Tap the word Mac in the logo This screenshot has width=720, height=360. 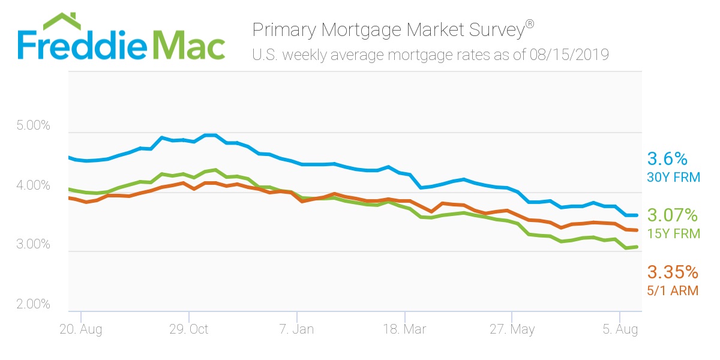coord(189,44)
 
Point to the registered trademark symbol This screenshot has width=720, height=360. coord(530,24)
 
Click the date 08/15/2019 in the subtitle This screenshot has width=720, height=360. coord(570,55)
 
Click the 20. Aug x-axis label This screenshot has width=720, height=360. coord(81,329)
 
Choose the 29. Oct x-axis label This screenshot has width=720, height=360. coord(188,329)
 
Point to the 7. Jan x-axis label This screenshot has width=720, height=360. coord(296,329)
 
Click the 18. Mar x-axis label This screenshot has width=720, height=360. coord(404,329)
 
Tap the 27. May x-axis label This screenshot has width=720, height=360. coord(512,329)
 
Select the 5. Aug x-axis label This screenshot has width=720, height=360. coord(620,329)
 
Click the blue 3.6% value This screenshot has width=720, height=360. coord(667,159)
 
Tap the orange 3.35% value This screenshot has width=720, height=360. coord(672,272)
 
